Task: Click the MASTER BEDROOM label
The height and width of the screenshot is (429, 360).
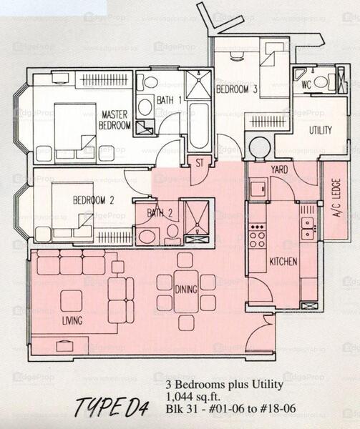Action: [x=115, y=119]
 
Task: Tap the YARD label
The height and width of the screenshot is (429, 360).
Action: [x=280, y=169]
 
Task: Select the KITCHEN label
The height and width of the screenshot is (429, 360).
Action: [x=283, y=262]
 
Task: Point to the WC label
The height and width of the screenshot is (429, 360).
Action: [x=306, y=84]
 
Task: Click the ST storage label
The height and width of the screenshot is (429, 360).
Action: [x=200, y=163]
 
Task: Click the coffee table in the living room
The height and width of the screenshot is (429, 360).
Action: [x=72, y=300]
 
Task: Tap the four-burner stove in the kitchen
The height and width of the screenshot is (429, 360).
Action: [x=257, y=235]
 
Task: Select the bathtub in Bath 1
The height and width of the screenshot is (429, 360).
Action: [x=199, y=126]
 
